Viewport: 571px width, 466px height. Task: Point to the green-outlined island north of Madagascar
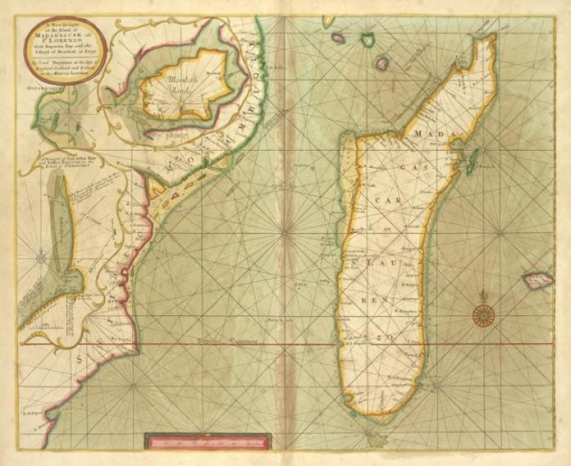tap(381, 63)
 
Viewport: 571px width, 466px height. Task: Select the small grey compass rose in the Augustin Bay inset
tap(41, 259)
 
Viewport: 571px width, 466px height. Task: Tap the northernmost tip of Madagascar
tap(492, 37)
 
